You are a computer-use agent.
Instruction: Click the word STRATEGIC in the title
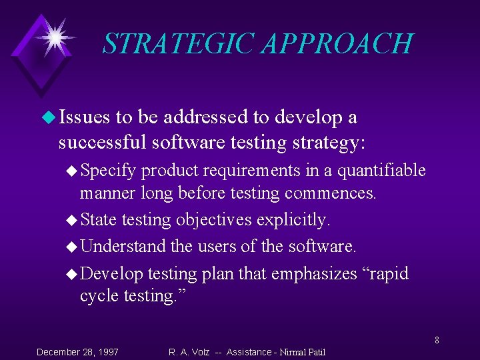tap(179, 43)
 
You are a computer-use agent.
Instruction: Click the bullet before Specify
tap(73, 171)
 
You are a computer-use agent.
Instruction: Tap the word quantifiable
tap(381, 171)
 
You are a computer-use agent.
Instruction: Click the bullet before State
tap(73, 220)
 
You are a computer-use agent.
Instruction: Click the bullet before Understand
tap(73, 247)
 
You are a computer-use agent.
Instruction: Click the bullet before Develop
tap(73, 274)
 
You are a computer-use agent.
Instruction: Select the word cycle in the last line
tap(99, 296)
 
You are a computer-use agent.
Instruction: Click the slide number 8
tap(437, 341)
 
